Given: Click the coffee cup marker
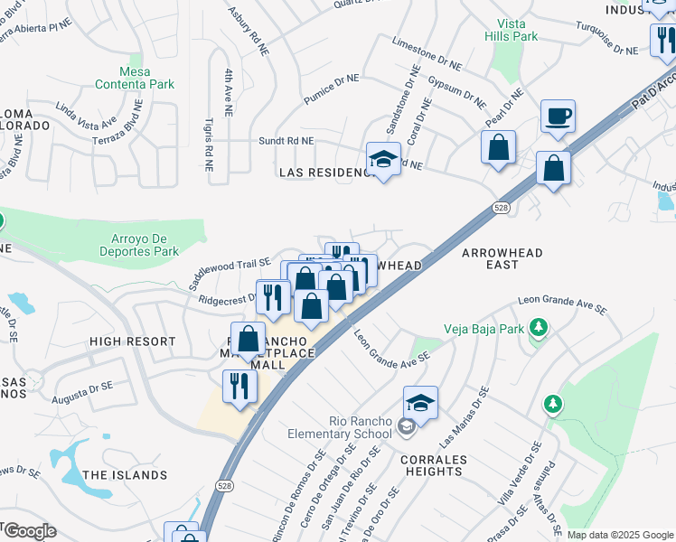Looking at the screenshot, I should point(558,117).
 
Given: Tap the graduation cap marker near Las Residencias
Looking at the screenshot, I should point(384,159).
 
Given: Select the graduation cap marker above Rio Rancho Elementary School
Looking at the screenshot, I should point(420,402).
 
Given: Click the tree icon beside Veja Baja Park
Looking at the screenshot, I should point(539,326).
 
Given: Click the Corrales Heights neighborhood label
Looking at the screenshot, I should point(427,465).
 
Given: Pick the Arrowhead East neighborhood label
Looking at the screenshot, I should point(502,258).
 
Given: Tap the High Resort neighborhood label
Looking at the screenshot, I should point(132,341).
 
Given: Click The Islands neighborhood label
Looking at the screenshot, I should point(125,474).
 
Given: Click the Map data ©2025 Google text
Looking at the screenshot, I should point(621,535).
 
